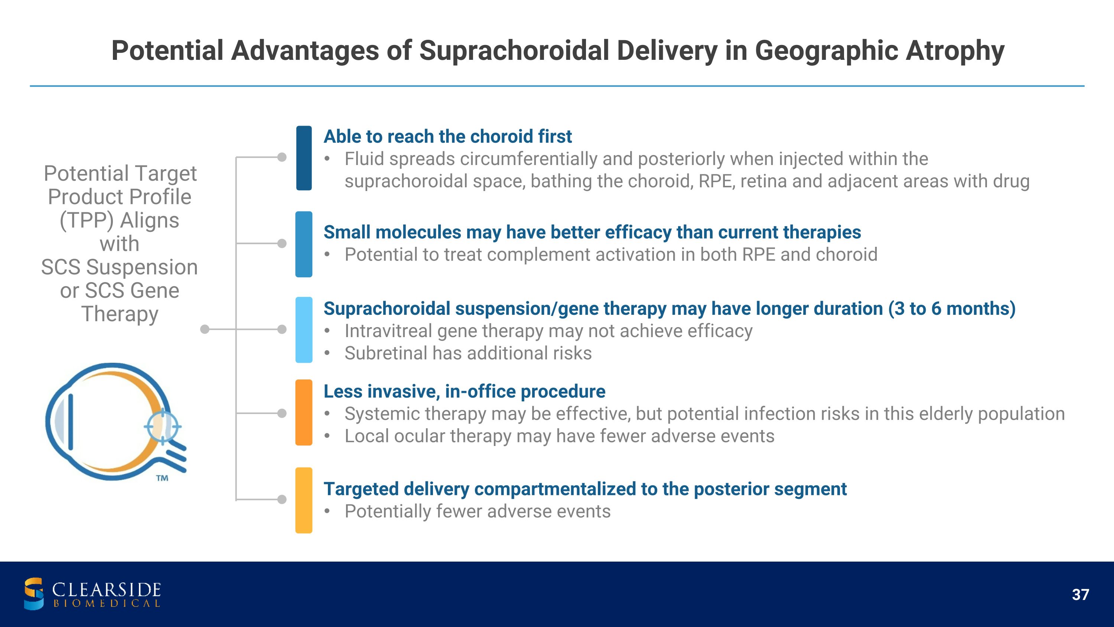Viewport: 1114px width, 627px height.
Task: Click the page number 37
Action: tap(1080, 595)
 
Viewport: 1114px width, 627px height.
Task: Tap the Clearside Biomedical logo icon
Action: tap(34, 594)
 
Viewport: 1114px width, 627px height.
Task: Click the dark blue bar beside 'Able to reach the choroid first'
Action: tap(304, 158)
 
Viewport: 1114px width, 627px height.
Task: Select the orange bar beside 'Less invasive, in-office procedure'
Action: tap(304, 413)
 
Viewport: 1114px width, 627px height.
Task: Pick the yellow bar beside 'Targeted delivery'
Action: tap(304, 500)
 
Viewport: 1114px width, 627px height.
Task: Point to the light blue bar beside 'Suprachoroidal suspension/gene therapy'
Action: tap(304, 330)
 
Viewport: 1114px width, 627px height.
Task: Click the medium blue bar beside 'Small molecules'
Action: tap(304, 244)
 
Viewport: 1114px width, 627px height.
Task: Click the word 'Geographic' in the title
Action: tap(827, 51)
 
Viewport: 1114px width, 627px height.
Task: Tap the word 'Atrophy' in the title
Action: tap(955, 51)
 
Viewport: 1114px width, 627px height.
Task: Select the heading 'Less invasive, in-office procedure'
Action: tap(465, 391)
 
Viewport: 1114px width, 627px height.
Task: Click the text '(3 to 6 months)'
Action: tap(952, 308)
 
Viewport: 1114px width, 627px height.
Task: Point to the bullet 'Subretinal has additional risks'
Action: tap(468, 353)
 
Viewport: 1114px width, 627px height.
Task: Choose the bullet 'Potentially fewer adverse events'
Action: tap(478, 511)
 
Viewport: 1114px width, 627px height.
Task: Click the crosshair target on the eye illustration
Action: tap(163, 426)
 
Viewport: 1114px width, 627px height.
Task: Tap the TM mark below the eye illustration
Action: tap(162, 478)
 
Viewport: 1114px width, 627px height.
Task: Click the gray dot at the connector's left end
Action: tap(205, 329)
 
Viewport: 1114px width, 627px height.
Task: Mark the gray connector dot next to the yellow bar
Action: tap(282, 500)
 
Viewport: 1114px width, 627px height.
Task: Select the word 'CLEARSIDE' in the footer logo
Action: tap(106, 590)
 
